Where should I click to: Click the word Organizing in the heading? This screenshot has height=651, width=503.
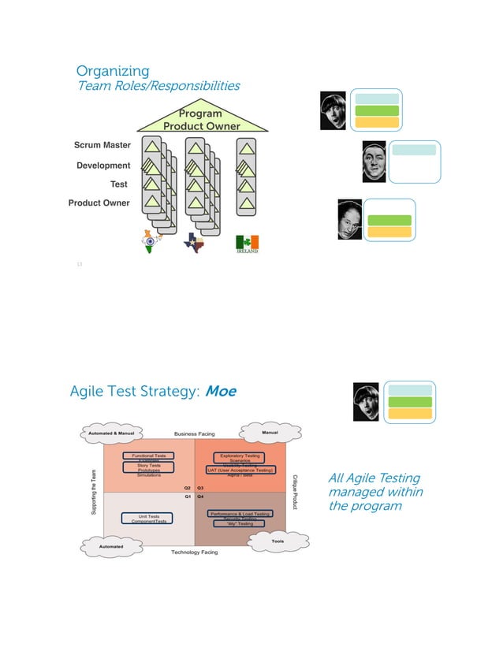point(112,72)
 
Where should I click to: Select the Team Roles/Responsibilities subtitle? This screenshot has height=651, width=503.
point(158,86)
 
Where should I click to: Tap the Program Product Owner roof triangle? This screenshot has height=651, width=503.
point(201,119)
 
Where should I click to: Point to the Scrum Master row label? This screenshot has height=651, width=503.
point(102,146)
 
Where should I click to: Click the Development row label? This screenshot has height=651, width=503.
point(103,166)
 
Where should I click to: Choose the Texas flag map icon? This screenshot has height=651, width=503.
point(193,242)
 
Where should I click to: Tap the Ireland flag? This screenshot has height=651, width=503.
point(248,244)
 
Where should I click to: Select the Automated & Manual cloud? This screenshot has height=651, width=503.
point(110,433)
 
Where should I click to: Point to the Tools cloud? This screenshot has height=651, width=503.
point(278,541)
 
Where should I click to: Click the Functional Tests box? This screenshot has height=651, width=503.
point(148,456)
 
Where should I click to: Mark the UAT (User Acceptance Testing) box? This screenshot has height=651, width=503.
point(240,471)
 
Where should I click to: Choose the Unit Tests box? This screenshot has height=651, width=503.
point(148,517)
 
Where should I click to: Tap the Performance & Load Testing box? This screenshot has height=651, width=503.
point(240,514)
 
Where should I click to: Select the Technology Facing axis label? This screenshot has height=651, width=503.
point(194,552)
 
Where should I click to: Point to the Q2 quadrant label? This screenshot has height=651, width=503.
point(188,488)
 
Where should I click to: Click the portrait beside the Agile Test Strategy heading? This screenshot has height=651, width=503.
point(366,402)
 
